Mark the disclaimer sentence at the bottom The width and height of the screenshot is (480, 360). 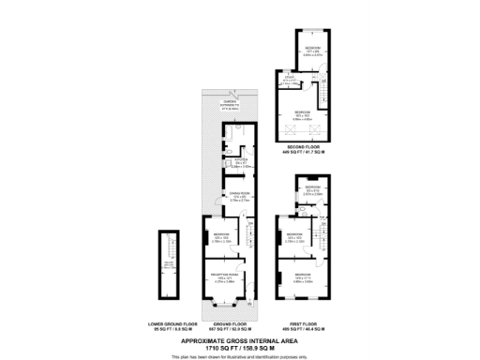pos(239,356)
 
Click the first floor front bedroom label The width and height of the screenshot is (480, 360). pos(302,277)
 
